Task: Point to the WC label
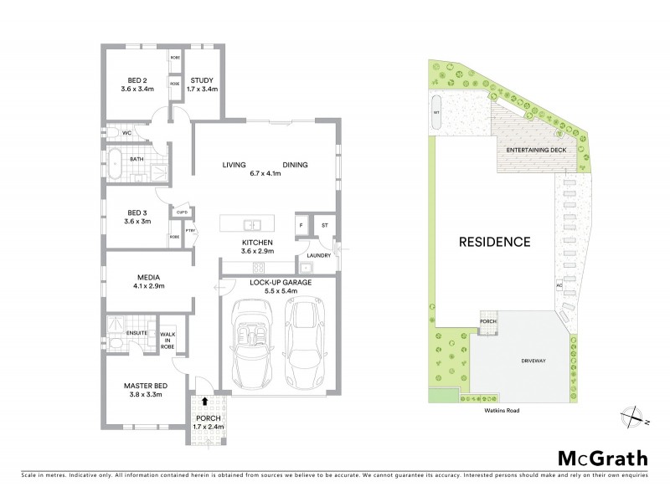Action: [x=126, y=133]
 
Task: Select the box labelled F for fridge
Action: [x=300, y=226]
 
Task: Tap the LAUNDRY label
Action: [x=319, y=255]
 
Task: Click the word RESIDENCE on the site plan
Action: [x=494, y=243]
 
